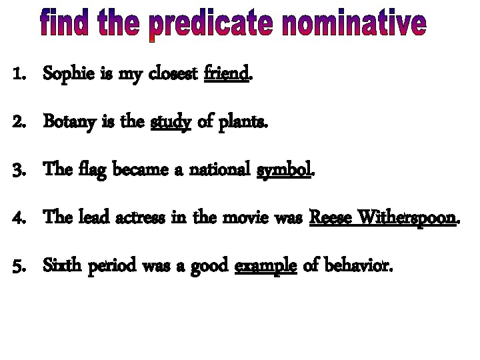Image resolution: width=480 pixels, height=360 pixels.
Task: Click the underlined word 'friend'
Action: coord(227,74)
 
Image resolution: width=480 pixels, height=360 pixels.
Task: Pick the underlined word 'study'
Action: coord(171,122)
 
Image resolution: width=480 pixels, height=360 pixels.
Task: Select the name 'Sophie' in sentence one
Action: coord(65,75)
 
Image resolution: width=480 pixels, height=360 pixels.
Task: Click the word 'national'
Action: coord(219,170)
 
